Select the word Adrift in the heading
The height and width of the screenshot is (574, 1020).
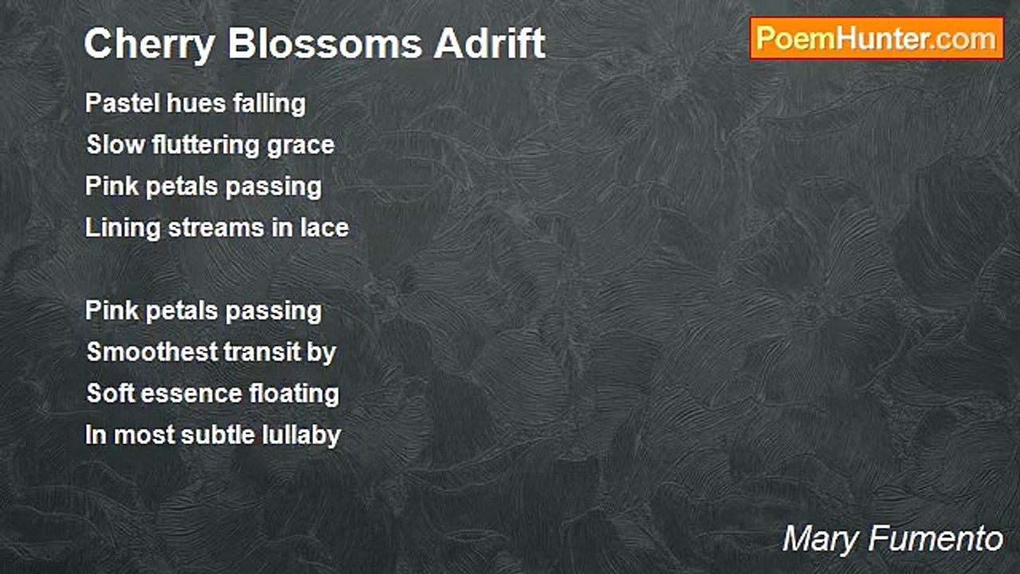pyautogui.click(x=490, y=44)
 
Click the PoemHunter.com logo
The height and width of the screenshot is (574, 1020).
pyautogui.click(x=877, y=38)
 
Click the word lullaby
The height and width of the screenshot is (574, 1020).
pyautogui.click(x=304, y=436)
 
